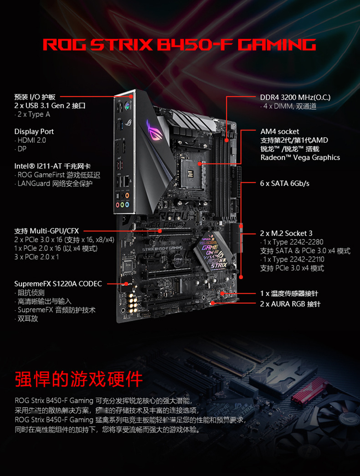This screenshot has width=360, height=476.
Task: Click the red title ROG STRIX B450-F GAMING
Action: click(179, 45)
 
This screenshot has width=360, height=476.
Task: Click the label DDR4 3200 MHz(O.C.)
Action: click(295, 98)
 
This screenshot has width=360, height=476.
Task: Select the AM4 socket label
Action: click(279, 132)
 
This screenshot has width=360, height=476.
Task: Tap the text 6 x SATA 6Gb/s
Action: click(284, 183)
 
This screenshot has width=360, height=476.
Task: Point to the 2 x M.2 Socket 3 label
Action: click(286, 233)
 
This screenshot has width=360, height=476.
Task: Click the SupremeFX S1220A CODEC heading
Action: click(58, 284)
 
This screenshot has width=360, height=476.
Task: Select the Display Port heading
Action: click(34, 132)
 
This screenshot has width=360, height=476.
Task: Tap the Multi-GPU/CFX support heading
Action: click(46, 231)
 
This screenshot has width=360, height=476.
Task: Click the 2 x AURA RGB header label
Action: click(290, 304)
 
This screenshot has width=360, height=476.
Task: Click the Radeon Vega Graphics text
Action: click(300, 158)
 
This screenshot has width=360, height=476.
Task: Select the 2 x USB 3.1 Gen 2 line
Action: click(50, 106)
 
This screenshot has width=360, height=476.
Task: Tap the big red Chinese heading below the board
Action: click(79, 379)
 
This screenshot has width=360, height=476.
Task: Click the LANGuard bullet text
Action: click(55, 184)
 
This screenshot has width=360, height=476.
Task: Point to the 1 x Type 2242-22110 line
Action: click(294, 259)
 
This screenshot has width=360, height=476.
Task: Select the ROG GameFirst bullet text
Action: click(58, 175)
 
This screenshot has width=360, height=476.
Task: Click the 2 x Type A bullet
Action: click(33, 114)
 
